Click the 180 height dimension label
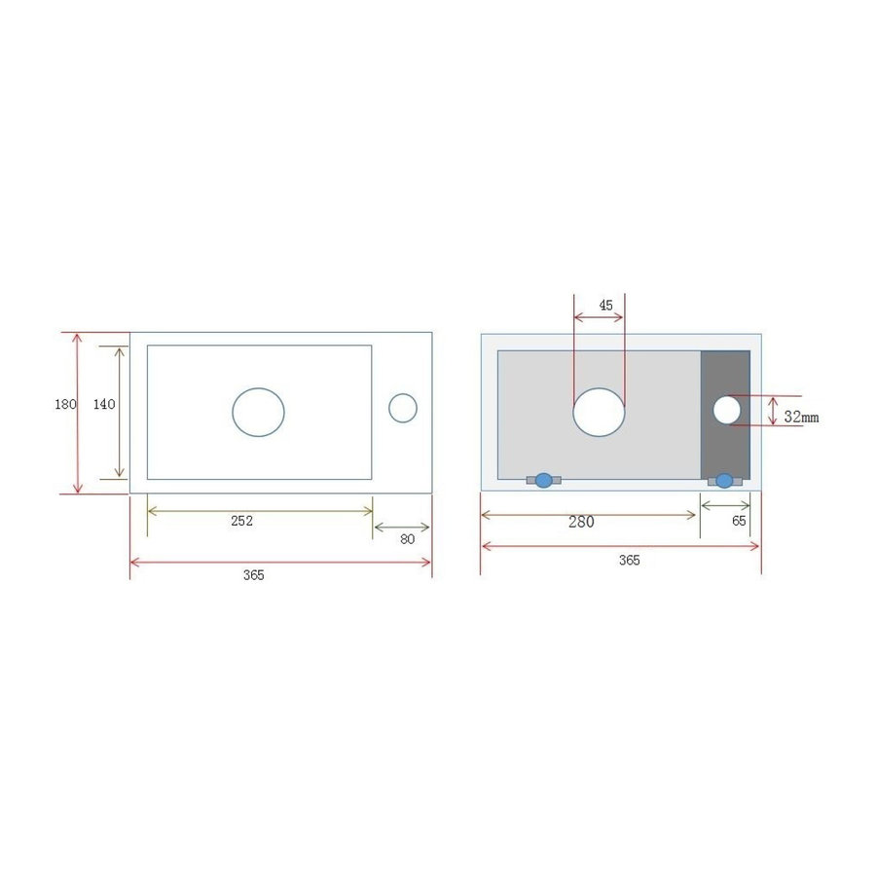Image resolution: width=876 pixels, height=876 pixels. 64,405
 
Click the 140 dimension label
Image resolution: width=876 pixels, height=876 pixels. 104,405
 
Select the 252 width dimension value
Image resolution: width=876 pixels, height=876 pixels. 241,521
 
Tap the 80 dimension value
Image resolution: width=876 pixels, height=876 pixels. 407,539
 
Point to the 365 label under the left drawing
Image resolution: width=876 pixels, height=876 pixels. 253,575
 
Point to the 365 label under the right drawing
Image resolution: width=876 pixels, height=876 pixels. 629,560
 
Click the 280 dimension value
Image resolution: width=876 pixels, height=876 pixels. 581,522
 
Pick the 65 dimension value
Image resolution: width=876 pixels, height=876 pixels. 739,521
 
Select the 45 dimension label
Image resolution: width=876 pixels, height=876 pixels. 605,305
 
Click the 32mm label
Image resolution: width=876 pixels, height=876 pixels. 801,417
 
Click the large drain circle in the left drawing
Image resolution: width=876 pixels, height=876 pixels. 258,411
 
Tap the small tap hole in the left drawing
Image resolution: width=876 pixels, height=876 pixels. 403,408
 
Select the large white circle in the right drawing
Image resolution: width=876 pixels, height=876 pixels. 599,411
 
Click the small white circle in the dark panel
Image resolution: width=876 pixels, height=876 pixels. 726,410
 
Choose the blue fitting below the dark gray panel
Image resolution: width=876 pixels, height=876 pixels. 724,480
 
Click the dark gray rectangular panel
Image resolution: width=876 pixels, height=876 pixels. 725,448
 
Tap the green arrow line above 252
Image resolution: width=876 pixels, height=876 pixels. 260,509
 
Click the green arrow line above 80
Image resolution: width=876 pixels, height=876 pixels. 402,529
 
